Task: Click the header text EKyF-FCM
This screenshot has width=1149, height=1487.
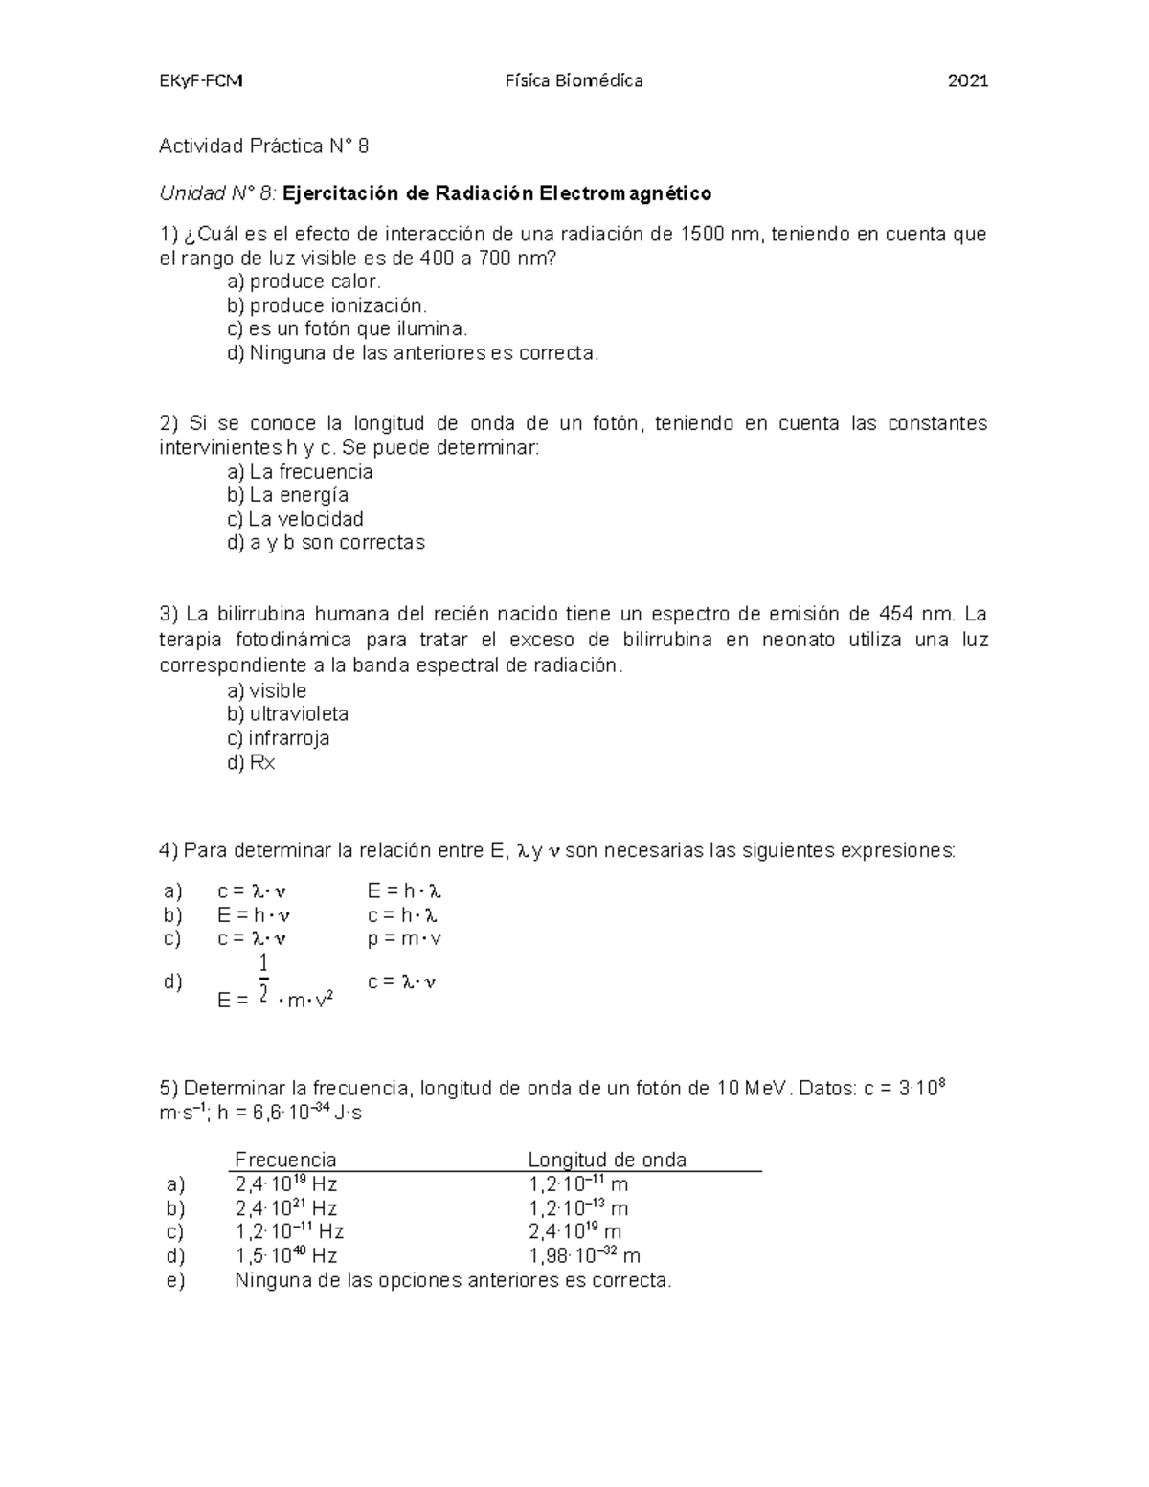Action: coord(200,81)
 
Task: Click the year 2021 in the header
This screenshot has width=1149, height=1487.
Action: coord(967,81)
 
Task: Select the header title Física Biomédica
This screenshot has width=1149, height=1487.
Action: coord(574,81)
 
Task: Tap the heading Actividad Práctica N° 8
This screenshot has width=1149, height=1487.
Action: coord(263,146)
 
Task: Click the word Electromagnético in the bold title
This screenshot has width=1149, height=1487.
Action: coord(625,193)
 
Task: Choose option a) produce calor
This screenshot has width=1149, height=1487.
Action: coord(304,282)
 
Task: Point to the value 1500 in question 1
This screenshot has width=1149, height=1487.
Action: coord(701,235)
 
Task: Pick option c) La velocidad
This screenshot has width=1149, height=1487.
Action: coord(296,519)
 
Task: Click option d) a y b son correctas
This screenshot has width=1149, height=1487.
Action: coord(326,543)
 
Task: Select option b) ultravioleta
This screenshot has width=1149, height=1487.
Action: coord(287,714)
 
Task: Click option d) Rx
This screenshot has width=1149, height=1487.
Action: coord(252,763)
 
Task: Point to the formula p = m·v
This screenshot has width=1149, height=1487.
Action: coord(404,938)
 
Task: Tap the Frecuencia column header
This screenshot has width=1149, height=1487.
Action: coord(285,1160)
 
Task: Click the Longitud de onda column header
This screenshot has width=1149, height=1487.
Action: coord(607,1160)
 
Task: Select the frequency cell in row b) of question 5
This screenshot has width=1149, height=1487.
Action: coord(285,1208)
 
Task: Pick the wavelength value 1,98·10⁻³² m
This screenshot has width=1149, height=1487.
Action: coord(584,1256)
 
